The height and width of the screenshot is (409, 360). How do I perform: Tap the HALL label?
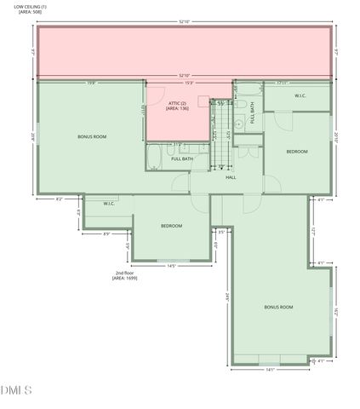coord(231,177)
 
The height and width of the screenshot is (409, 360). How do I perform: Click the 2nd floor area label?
coord(125,275)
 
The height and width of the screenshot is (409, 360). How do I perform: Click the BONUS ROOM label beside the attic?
coord(91,136)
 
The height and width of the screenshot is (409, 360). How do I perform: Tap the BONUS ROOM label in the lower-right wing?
coord(277,307)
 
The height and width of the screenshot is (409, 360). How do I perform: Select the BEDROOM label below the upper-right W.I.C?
coord(296,152)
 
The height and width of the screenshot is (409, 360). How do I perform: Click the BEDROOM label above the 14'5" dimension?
coord(172,225)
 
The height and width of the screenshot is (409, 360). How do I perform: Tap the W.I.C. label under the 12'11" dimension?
coord(300,95)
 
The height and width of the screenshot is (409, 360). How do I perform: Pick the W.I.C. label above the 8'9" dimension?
coord(110,204)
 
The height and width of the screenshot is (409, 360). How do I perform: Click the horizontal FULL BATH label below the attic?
coord(182,158)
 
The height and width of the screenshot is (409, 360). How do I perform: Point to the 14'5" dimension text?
coord(171,266)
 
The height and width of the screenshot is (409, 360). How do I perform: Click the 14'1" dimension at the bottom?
coord(271,369)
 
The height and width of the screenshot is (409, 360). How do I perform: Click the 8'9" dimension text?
coord(106,233)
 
